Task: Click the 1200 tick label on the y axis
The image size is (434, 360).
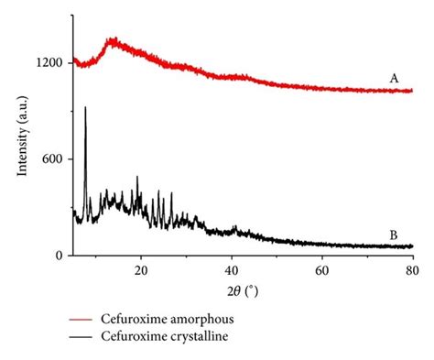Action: coord(48,62)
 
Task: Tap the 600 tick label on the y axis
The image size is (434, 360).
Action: coord(51,159)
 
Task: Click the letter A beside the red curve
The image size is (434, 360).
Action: coord(394,79)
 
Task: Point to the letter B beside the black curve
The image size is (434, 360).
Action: coord(394,235)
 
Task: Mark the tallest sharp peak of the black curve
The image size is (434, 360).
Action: coord(85,108)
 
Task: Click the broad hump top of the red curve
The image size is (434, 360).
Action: coord(114,40)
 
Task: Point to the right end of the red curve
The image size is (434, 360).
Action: coord(412,91)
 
